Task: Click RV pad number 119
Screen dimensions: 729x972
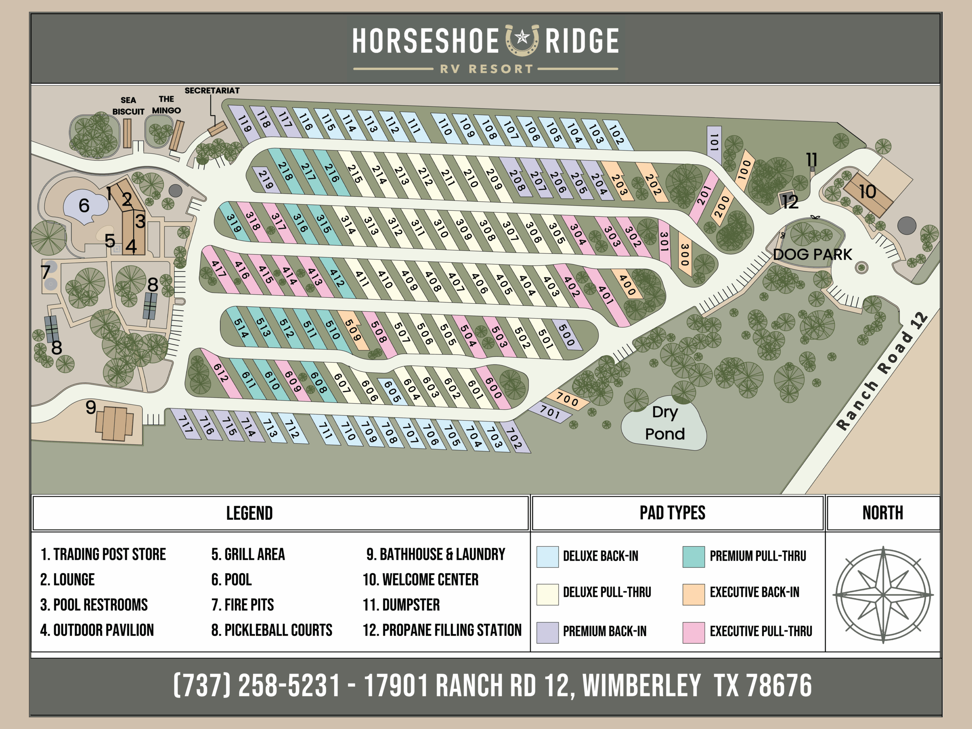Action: (x=244, y=123)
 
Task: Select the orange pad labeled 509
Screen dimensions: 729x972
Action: (x=353, y=330)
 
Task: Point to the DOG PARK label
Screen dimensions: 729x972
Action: (x=812, y=254)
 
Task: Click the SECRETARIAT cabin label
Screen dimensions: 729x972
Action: (x=212, y=90)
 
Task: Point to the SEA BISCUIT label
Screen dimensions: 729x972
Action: (x=128, y=106)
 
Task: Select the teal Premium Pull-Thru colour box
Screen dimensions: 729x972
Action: (x=693, y=557)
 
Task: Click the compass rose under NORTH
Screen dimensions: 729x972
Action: (x=883, y=595)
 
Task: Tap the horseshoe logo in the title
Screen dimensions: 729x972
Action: (x=522, y=39)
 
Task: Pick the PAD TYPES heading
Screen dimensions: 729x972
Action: (x=672, y=513)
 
